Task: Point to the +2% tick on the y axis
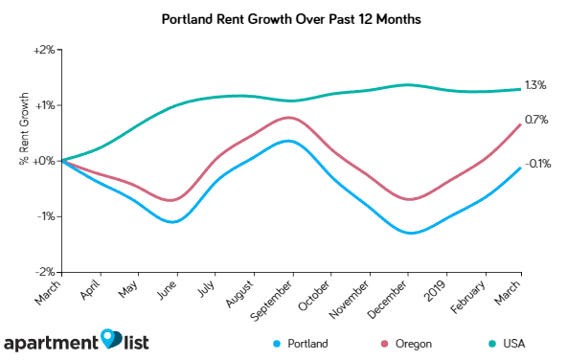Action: [x=45, y=49]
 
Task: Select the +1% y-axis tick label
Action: [x=45, y=104]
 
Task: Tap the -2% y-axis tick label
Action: [x=46, y=272]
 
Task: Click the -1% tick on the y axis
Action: [x=46, y=216]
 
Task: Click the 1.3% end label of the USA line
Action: [x=535, y=85]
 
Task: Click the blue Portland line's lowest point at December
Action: [x=409, y=233]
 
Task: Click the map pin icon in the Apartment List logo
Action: [x=112, y=339]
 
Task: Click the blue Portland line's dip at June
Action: [x=173, y=222]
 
